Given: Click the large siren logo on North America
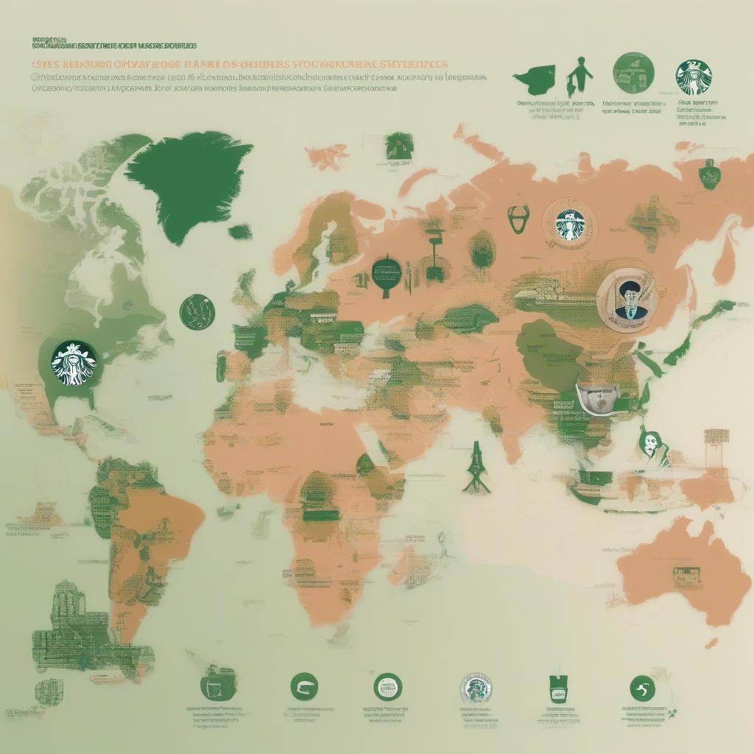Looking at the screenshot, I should point(74,362).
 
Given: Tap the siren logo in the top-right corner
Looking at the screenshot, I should point(694,78).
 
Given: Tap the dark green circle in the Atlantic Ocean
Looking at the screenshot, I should point(197,312).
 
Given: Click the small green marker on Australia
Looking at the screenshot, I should point(686,576).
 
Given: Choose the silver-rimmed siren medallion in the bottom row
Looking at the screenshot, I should point(476,688).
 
